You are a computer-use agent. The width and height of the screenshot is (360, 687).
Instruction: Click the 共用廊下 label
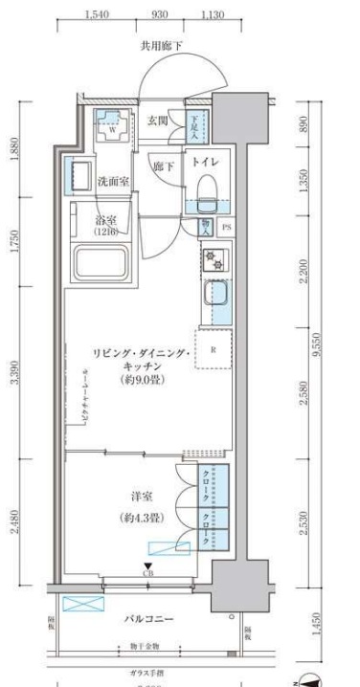coord(162,45)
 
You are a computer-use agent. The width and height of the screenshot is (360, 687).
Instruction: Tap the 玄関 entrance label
coord(158,121)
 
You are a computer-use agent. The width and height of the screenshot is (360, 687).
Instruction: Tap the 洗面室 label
coord(112,181)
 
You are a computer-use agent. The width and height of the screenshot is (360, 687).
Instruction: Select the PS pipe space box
coord(227,227)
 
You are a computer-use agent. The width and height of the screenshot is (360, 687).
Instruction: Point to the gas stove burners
coord(213,259)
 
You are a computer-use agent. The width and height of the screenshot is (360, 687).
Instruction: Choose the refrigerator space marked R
coord(213,349)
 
